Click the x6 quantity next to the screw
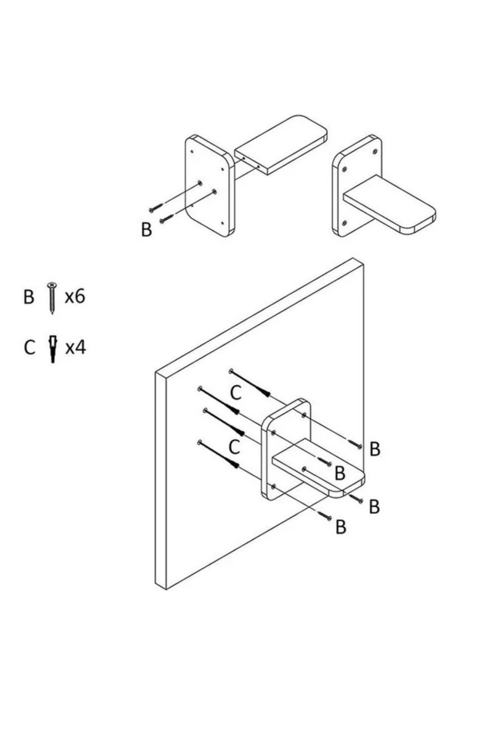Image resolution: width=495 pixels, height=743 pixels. pos(75,296)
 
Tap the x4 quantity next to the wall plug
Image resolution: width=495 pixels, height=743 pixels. pos(75,348)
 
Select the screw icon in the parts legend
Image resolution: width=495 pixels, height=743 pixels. pos(52,298)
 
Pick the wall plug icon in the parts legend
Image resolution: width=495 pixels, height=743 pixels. pos(52,349)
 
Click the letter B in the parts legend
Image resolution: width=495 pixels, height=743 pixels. pos(28,297)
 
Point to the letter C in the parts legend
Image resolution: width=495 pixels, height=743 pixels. pos(29,348)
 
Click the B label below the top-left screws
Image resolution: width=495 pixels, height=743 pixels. pos(146,230)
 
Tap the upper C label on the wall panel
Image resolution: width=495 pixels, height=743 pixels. pos(236,393)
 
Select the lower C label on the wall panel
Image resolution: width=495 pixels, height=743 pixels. pos(234,447)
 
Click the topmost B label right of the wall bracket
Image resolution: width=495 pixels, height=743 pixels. pos(375,449)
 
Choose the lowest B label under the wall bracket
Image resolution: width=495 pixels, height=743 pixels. pos(340,527)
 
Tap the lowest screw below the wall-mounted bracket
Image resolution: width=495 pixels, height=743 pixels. pos(325,515)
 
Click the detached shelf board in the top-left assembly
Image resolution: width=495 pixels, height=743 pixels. pos(281,144)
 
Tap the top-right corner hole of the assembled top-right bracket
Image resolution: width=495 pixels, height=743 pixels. pos(375,151)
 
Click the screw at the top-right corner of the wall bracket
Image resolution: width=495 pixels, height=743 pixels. pos(355,444)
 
